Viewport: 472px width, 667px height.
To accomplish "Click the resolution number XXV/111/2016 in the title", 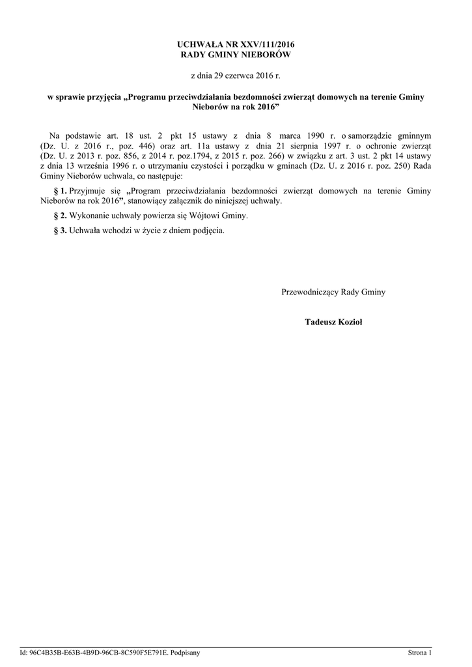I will click(267, 43).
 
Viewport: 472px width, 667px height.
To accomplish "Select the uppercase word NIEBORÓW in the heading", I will click(265, 55).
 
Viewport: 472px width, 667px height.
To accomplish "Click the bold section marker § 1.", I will click(60, 192).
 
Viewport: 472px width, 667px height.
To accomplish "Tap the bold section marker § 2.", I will click(60, 216).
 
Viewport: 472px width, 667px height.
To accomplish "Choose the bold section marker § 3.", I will click(60, 231).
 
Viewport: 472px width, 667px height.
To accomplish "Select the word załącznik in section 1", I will click(197, 202).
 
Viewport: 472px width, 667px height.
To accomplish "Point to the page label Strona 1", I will click(419, 652).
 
